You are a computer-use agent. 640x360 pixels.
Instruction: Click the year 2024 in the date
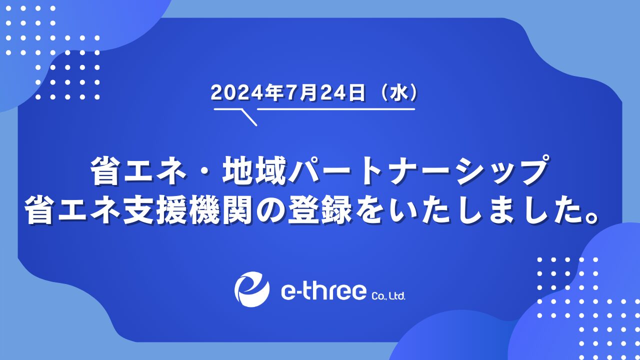237,93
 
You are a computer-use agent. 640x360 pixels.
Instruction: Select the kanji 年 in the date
273,93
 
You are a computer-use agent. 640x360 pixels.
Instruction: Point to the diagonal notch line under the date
249,117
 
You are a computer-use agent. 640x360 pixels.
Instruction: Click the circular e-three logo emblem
252,289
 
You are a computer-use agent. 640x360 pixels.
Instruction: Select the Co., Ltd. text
388,295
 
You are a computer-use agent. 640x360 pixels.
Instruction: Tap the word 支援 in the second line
155,209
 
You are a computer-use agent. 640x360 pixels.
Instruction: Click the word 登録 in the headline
320,209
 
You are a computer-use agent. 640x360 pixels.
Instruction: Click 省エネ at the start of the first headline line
139,170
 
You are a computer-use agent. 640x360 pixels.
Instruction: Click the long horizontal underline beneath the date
336,109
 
